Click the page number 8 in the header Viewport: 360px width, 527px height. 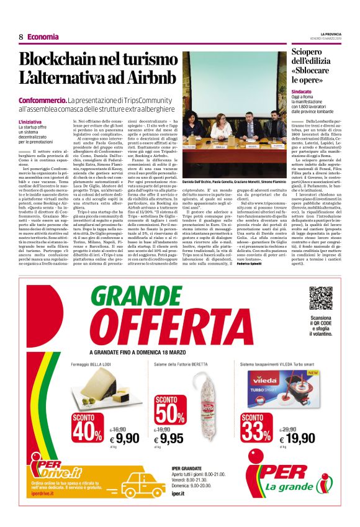coord(20,37)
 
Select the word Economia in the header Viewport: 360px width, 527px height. coord(43,37)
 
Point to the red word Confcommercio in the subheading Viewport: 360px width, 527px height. coord(42,100)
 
